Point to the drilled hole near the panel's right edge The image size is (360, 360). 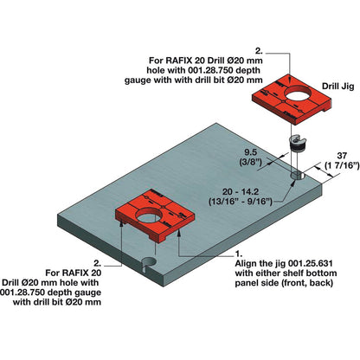point(297,177)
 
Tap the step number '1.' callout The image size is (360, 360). point(239,253)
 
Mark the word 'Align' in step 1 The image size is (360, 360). point(248,267)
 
